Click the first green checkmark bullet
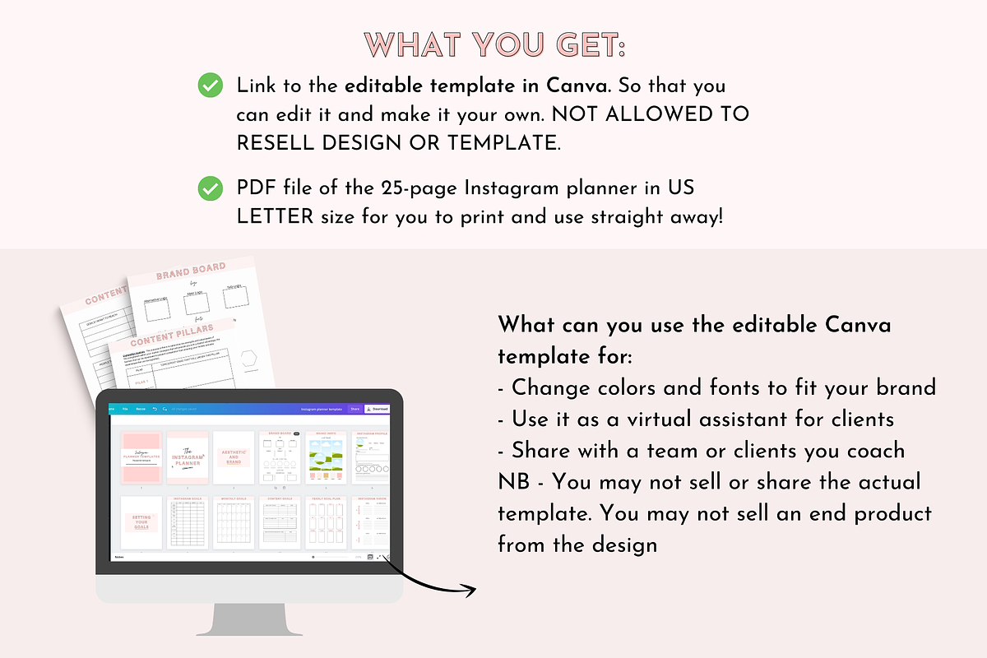[211, 85]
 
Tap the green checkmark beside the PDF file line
[211, 188]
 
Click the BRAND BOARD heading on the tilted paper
[192, 271]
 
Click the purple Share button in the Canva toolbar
[354, 408]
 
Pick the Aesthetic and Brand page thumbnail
[234, 457]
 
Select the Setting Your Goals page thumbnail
[141, 523]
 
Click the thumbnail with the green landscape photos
[326, 457]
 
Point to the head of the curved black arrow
[472, 590]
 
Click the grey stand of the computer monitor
[249, 618]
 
